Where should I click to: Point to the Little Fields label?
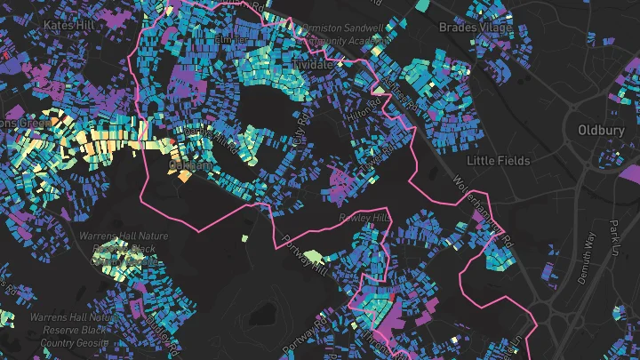pos(499,161)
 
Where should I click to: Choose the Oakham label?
pos(190,165)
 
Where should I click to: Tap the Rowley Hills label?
pos(364,218)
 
